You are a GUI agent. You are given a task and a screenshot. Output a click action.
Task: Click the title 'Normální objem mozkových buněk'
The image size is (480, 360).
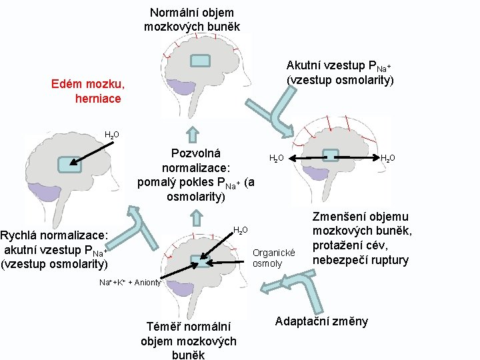click(x=191, y=19)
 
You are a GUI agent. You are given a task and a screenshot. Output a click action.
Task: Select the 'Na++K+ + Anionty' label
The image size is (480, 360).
click(x=129, y=283)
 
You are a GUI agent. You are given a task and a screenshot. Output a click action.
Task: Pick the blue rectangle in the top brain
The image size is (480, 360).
click(x=201, y=61)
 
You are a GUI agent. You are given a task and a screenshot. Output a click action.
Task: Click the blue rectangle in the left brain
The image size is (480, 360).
click(x=66, y=164)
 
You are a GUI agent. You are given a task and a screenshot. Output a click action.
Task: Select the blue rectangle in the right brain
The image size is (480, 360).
click(x=331, y=156)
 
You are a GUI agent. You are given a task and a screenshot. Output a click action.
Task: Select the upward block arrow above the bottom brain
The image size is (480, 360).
click(x=196, y=218)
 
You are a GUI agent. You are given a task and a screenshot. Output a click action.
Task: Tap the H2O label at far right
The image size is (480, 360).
click(x=387, y=158)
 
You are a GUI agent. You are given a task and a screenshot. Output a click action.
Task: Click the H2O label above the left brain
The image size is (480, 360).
click(x=112, y=135)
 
